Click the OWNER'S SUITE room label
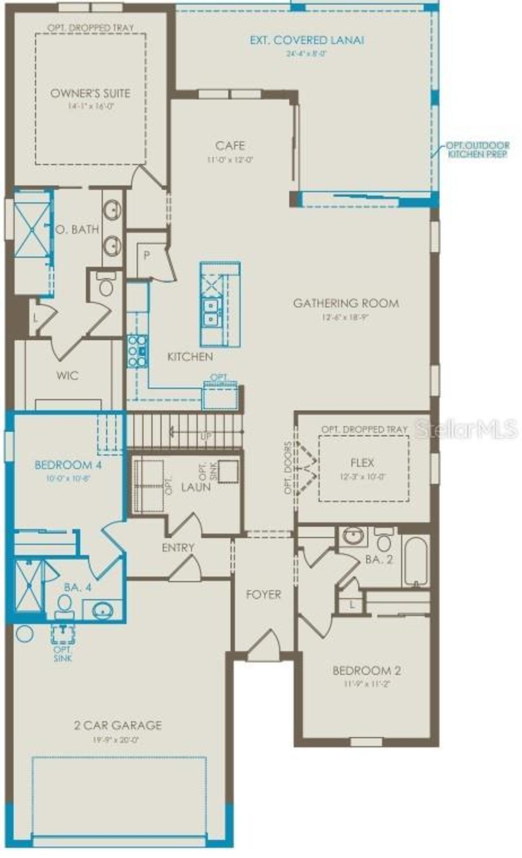click(x=90, y=93)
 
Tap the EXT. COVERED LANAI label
click(x=307, y=40)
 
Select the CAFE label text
click(x=230, y=146)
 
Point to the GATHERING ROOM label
click(x=346, y=303)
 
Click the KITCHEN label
click(x=190, y=357)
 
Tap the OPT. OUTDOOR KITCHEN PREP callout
click(x=477, y=150)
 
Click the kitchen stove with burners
click(x=137, y=351)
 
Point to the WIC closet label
click(x=67, y=375)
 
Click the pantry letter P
click(x=147, y=256)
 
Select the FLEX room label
click(x=362, y=463)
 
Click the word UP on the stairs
click(x=206, y=436)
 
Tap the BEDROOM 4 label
click(x=68, y=465)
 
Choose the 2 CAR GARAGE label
click(x=118, y=725)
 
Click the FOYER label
click(x=263, y=594)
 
